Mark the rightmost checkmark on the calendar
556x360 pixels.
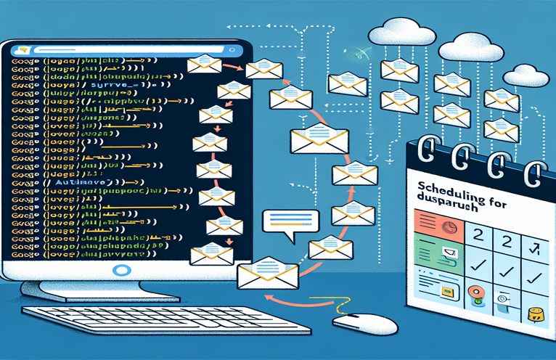pyautogui.click(x=534, y=277)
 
